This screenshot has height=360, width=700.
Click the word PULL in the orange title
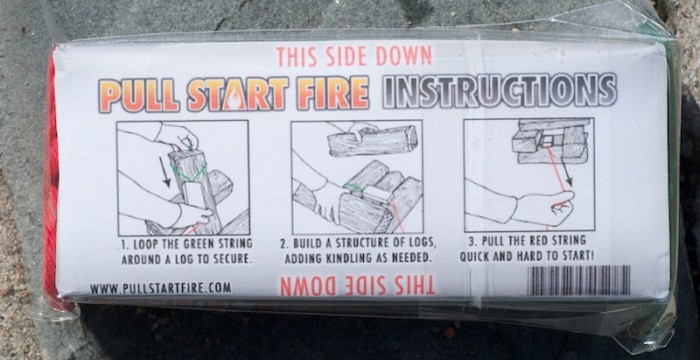point(139,95)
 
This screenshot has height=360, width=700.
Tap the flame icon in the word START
point(235,96)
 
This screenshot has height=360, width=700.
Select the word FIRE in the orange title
point(334,93)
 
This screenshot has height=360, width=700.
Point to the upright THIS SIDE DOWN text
point(354,57)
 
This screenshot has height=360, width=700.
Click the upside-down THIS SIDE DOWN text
point(357,286)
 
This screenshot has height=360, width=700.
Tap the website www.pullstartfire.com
point(160,288)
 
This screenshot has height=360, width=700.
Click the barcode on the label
point(579,280)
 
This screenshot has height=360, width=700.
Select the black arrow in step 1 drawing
point(165,171)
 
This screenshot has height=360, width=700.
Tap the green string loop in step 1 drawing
point(188,171)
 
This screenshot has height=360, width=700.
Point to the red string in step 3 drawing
point(556,172)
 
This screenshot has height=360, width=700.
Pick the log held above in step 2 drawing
point(372,140)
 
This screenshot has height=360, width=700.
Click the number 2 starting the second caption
point(283,244)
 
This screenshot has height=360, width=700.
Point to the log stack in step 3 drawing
point(551,140)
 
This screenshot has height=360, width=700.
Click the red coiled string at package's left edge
point(51,179)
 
